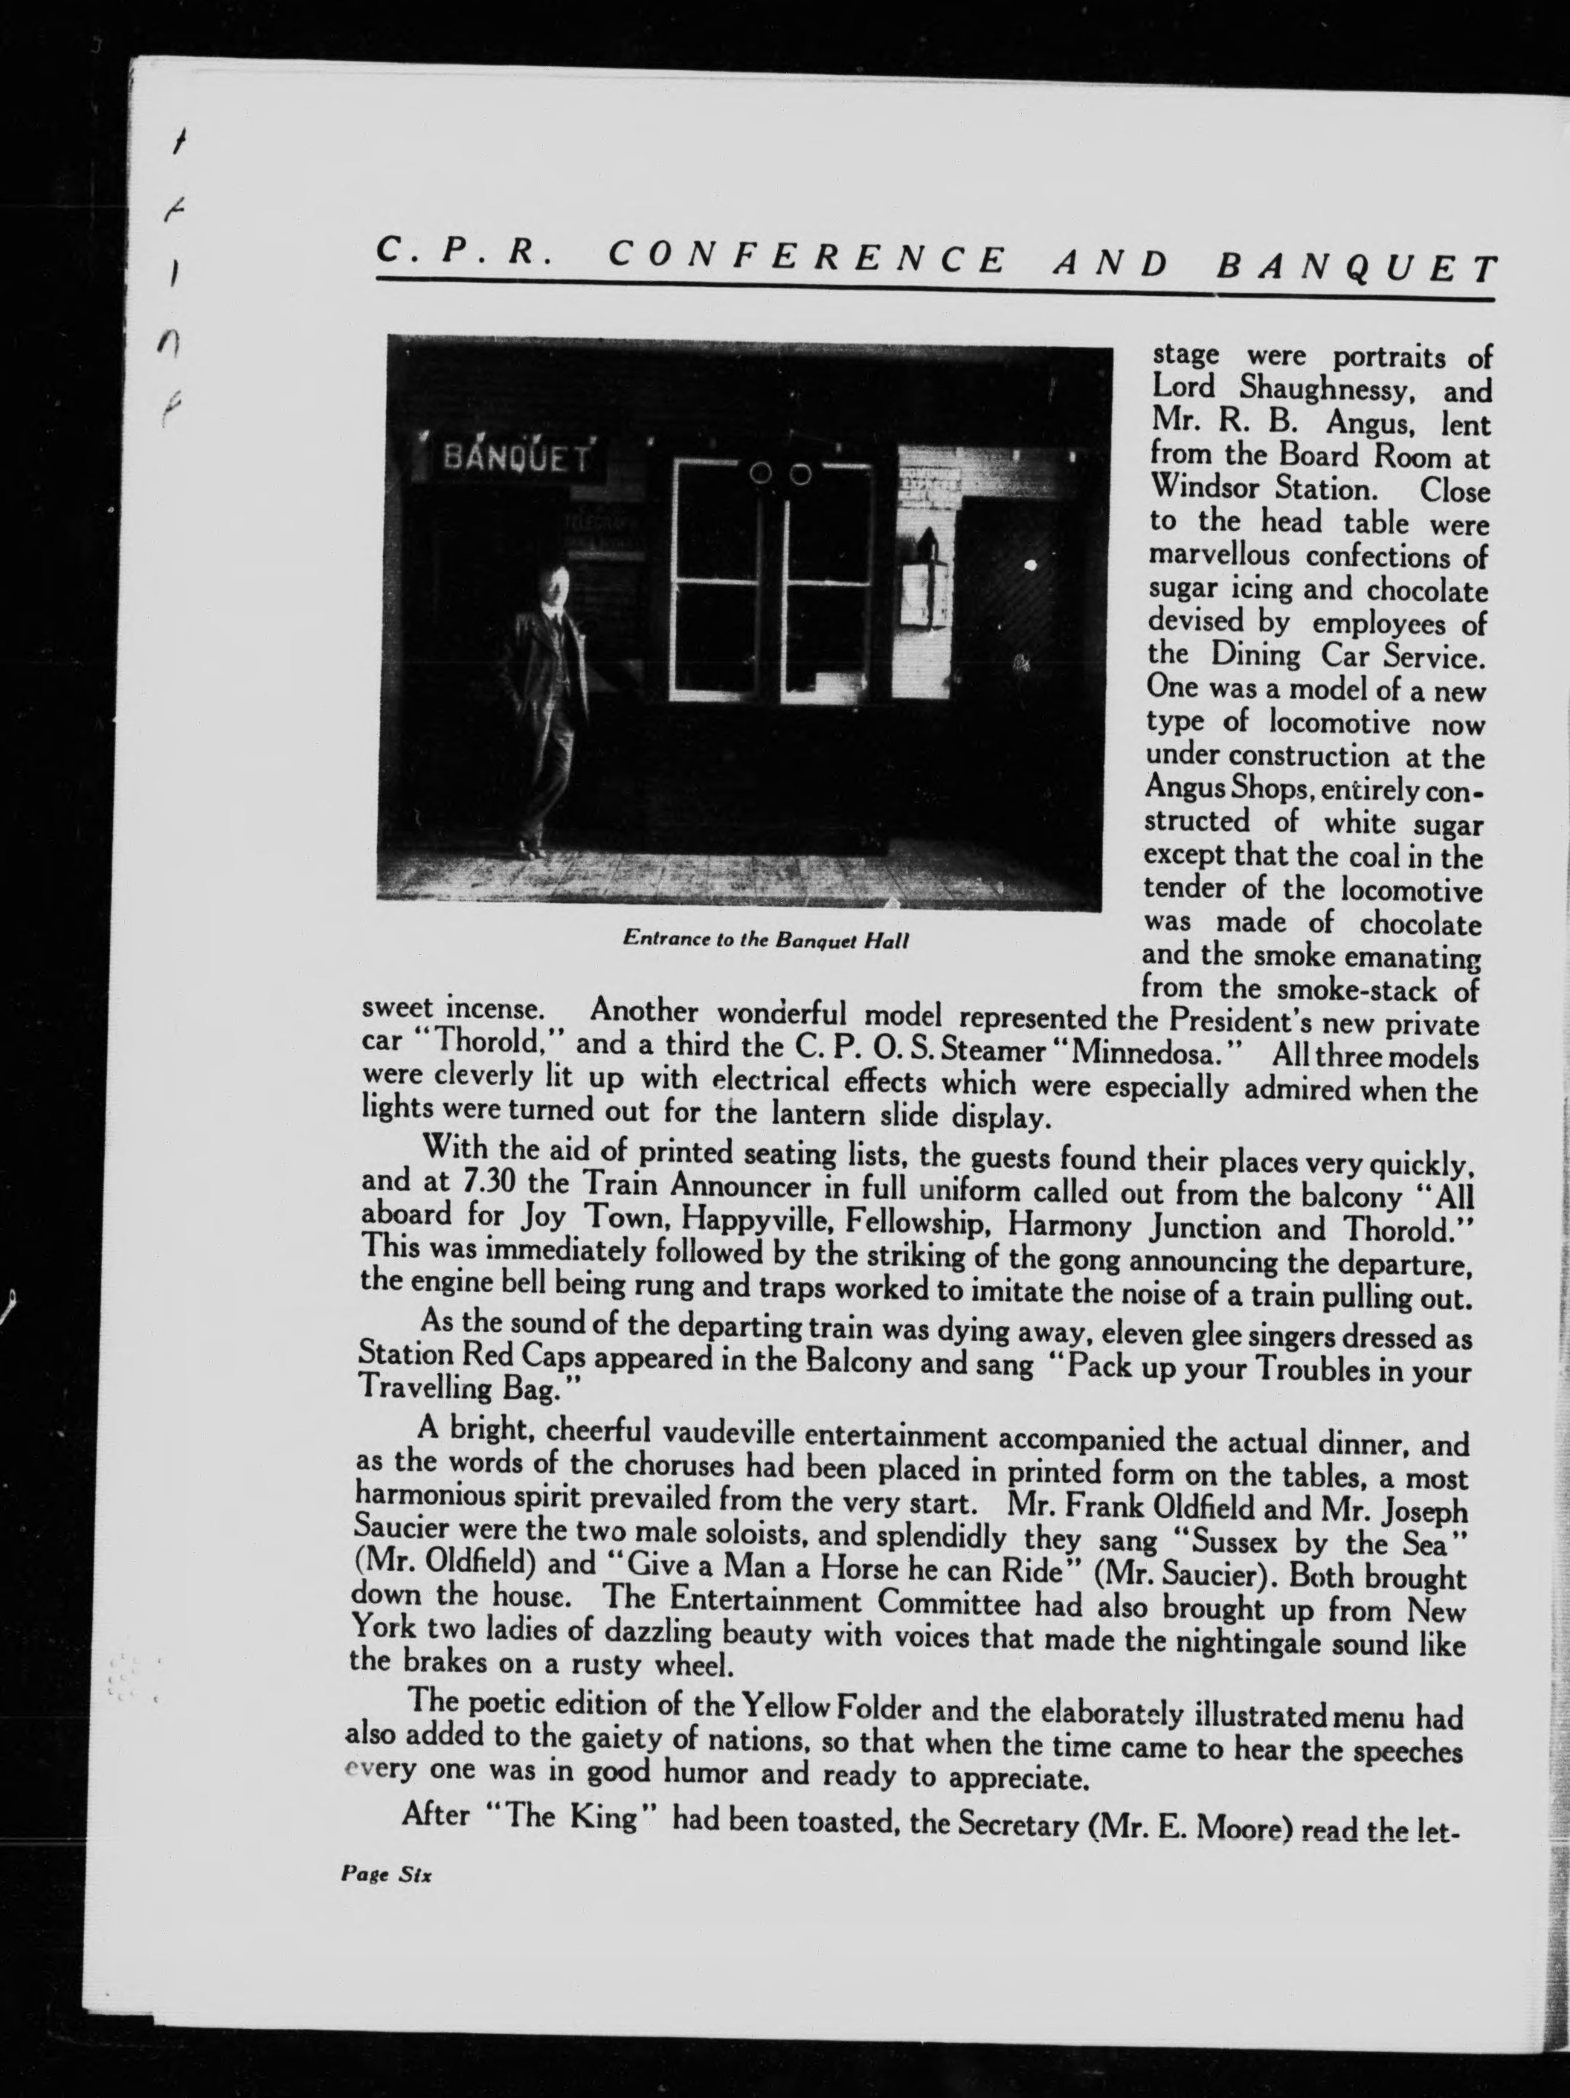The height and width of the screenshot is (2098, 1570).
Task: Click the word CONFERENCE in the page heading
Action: [805, 258]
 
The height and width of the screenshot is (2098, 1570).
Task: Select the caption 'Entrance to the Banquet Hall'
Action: [765, 939]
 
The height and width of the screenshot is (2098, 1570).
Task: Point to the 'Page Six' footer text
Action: [385, 1875]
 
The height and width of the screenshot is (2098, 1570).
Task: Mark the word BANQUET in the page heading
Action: [1356, 270]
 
